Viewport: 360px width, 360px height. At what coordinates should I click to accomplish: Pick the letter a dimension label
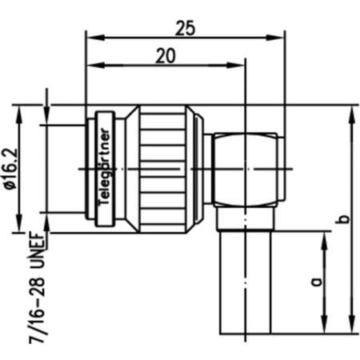(x=315, y=282)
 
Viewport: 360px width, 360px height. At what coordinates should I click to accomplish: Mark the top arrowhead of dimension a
(x=325, y=238)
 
